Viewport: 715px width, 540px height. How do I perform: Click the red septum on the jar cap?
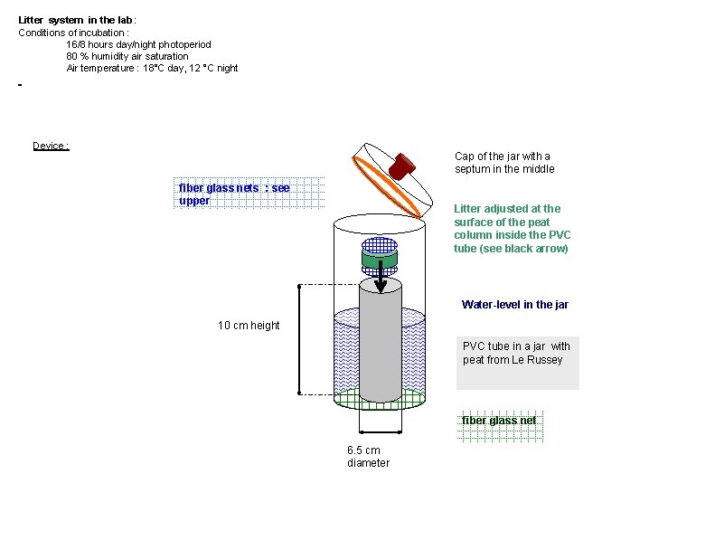point(402,166)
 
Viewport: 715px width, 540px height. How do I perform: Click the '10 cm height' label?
point(249,326)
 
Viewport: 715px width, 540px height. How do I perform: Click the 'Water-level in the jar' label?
point(514,305)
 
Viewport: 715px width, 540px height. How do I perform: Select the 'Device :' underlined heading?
point(51,146)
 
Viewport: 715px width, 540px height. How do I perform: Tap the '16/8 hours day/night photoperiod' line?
point(138,44)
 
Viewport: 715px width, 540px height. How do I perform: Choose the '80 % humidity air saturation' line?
point(127,56)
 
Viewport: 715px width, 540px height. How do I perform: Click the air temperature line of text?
point(152,68)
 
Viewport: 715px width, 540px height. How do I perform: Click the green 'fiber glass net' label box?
point(499,421)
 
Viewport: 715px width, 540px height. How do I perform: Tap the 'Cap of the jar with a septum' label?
point(503,163)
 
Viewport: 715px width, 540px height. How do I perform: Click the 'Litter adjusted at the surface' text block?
point(513,228)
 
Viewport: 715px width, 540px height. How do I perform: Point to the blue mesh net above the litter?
point(380,244)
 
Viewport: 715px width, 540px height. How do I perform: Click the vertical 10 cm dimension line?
point(299,339)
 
